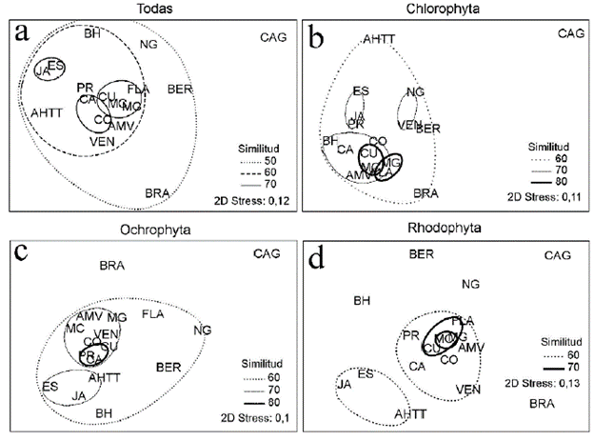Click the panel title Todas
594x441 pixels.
(x=148, y=8)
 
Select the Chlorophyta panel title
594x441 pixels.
(x=445, y=8)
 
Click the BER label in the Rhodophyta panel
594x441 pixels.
(x=423, y=254)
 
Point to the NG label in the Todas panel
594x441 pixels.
(x=148, y=46)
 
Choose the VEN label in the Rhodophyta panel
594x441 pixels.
(x=467, y=389)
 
